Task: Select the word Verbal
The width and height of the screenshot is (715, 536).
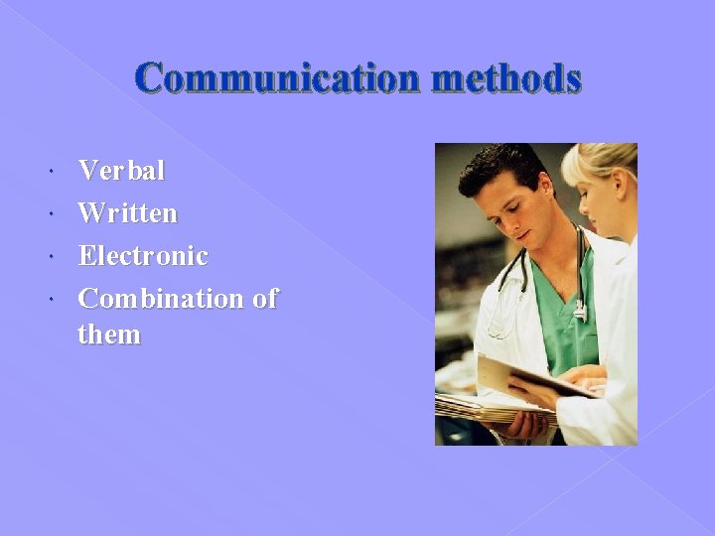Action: click(x=121, y=171)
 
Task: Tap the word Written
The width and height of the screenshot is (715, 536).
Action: click(x=127, y=212)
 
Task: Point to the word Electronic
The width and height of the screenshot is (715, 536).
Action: click(x=143, y=255)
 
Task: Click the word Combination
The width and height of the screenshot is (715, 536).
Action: click(x=159, y=298)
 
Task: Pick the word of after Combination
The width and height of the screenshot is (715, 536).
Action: click(x=264, y=298)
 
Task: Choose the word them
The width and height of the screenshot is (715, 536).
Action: click(x=109, y=335)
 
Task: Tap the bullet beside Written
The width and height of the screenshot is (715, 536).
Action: click(x=52, y=214)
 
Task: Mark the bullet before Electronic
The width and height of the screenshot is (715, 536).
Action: click(x=52, y=257)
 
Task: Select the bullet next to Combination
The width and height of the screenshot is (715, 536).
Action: click(x=52, y=299)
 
